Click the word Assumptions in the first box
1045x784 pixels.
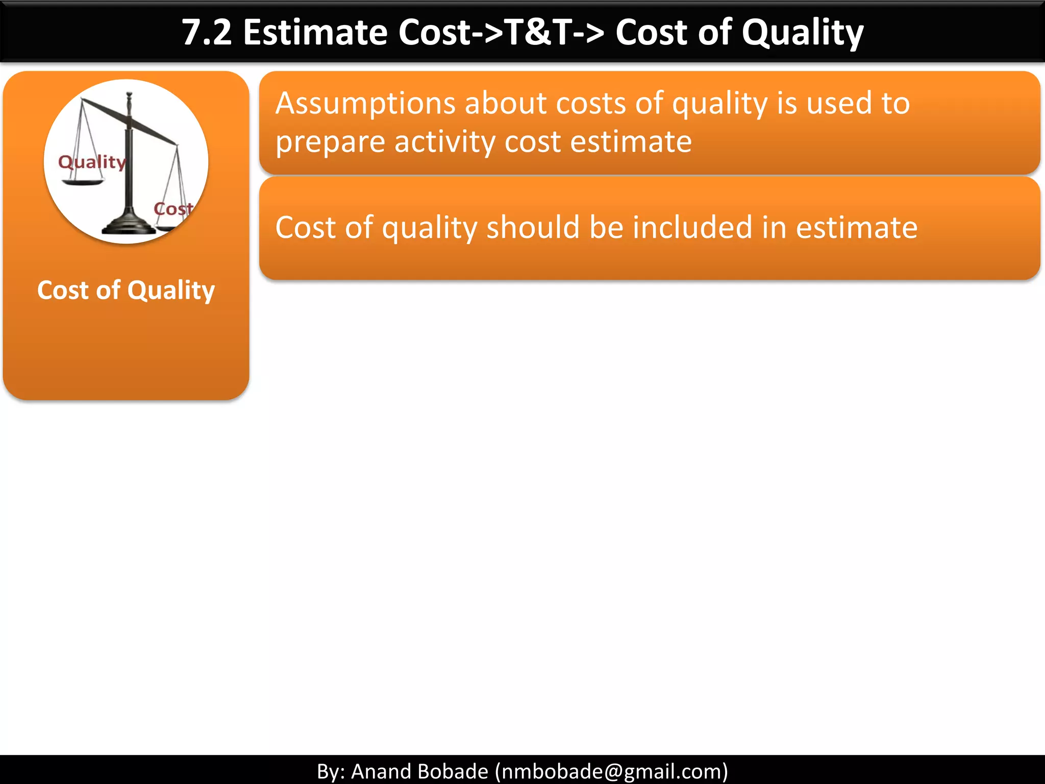(365, 104)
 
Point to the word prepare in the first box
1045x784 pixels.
(330, 142)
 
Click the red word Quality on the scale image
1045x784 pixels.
(92, 162)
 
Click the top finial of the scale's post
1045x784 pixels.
(129, 96)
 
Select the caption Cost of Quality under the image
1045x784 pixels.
(126, 290)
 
